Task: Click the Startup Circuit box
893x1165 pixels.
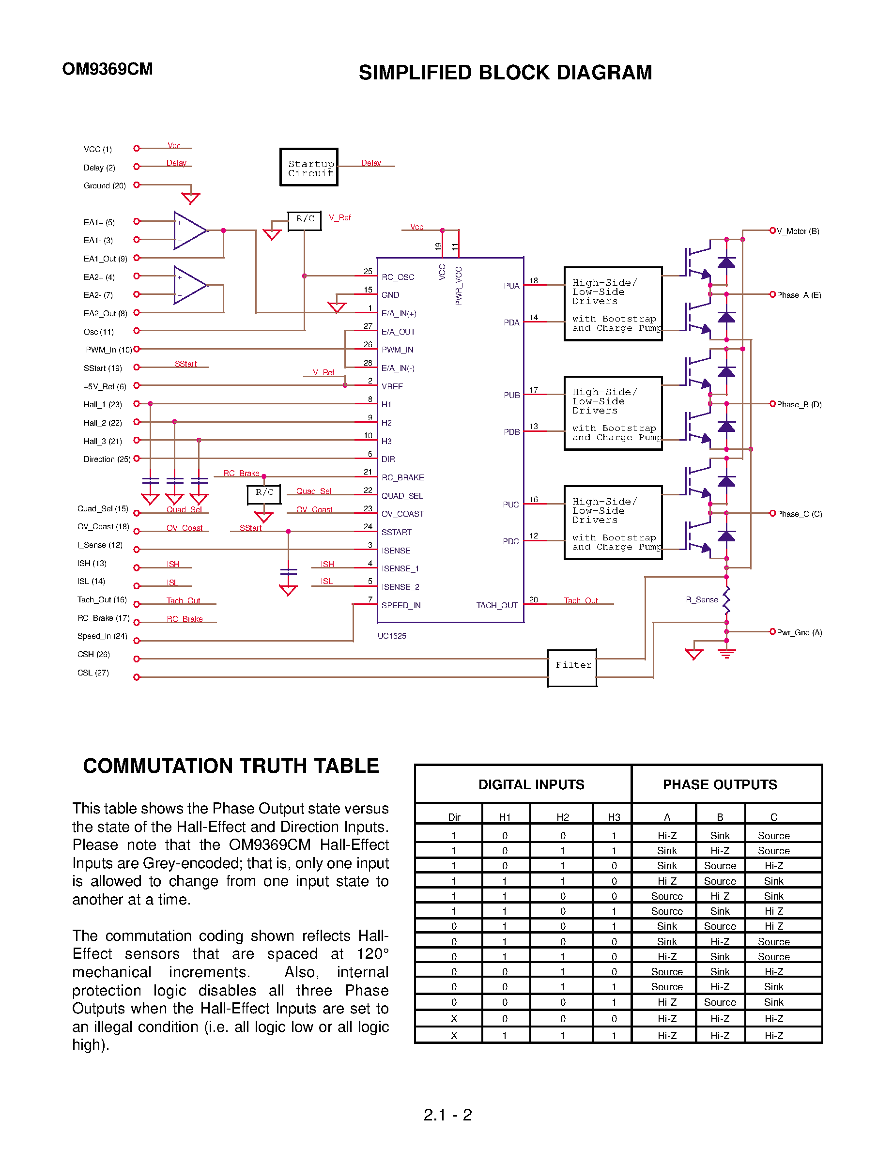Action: click(309, 168)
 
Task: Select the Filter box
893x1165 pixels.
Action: click(572, 668)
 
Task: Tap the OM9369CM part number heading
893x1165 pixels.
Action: click(108, 69)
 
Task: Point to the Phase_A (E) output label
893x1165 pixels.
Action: click(799, 295)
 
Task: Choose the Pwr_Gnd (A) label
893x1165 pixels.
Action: click(799, 632)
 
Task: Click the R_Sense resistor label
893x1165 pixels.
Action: click(702, 599)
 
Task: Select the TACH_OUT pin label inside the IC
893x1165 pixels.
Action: click(496, 605)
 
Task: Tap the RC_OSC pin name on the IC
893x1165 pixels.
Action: click(398, 277)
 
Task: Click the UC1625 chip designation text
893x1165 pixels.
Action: click(392, 636)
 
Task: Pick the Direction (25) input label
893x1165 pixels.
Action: click(107, 459)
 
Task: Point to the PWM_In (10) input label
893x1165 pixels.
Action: click(109, 350)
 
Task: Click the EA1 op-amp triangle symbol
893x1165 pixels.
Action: click(189, 230)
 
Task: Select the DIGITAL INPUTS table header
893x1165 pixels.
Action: click(531, 784)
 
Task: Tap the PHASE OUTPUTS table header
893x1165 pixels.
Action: click(720, 784)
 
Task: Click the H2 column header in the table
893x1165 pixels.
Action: click(562, 817)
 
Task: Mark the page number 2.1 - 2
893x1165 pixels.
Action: click(447, 1115)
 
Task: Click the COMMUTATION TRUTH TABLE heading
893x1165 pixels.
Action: click(231, 766)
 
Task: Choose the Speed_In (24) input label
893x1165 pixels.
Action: click(102, 636)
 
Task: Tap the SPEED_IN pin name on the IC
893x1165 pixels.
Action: click(401, 605)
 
